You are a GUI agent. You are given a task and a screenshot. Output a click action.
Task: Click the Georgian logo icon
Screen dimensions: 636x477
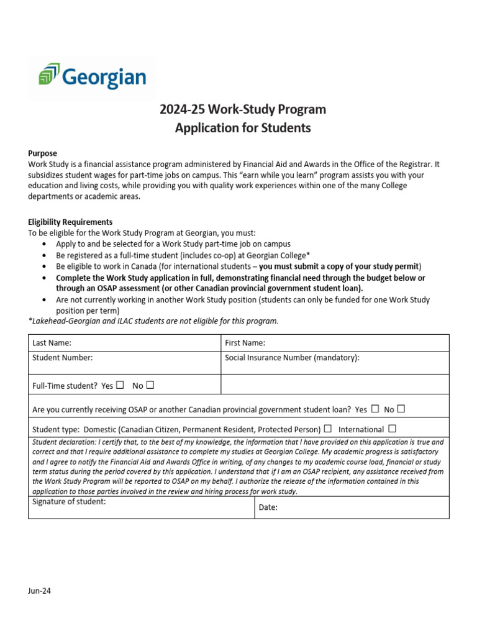(49, 75)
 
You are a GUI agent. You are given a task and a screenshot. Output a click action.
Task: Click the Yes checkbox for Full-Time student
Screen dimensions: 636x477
(120, 385)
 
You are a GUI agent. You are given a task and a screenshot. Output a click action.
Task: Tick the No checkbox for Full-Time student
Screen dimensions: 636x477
(150, 385)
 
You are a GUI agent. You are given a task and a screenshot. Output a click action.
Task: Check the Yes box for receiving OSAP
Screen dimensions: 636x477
(375, 409)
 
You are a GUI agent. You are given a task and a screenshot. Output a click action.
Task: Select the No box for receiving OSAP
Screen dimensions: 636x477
(401, 409)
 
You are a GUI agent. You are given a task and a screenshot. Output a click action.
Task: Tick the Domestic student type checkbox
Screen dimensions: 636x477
(327, 429)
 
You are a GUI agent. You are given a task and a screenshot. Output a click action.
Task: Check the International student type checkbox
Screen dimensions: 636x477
(392, 429)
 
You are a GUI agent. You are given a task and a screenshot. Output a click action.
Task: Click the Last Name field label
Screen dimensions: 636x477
(52, 343)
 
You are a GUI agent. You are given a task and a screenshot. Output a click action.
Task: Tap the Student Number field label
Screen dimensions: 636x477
(62, 358)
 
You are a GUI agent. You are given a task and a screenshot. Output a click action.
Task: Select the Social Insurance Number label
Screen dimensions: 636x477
(292, 358)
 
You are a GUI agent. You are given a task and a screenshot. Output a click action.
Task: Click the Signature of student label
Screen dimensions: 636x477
(69, 502)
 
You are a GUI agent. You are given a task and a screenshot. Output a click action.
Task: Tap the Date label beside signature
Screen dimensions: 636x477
(268, 507)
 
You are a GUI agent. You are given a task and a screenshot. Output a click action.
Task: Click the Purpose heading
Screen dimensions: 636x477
(42, 153)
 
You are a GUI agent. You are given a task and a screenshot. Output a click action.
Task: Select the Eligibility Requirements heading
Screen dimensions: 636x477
(70, 222)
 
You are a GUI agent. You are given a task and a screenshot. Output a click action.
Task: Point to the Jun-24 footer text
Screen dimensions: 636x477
(39, 591)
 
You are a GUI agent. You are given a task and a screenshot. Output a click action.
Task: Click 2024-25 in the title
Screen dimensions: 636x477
(182, 110)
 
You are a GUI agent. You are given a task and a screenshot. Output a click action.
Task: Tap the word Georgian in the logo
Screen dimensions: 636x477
(104, 77)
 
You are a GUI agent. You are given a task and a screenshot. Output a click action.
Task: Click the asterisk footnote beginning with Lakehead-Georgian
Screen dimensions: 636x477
(153, 321)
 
